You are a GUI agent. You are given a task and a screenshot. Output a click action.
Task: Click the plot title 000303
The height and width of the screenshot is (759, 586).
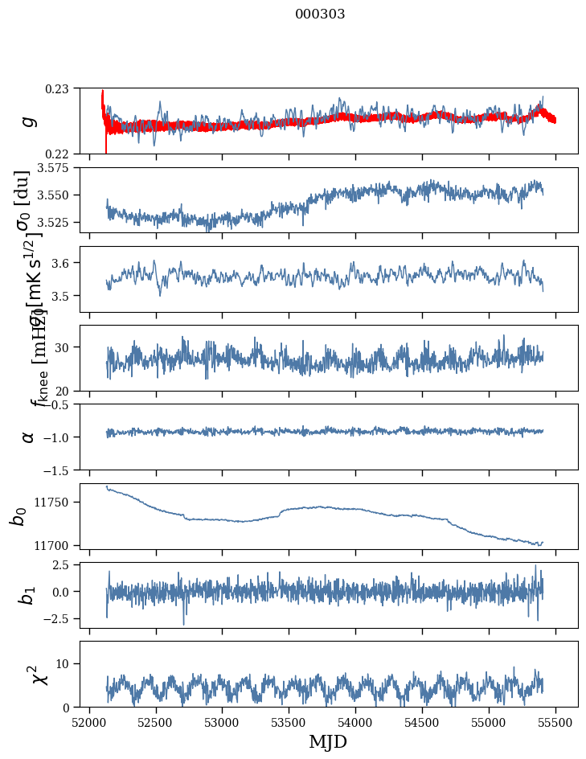click(x=320, y=14)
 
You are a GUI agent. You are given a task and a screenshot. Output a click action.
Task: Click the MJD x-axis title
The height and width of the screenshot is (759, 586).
click(x=329, y=741)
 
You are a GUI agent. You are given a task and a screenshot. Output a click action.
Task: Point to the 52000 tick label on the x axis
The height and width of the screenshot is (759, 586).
click(x=89, y=721)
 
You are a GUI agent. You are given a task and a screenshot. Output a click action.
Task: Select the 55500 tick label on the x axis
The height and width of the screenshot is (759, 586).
click(x=556, y=721)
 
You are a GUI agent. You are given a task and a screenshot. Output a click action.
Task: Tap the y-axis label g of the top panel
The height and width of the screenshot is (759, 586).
click(x=28, y=121)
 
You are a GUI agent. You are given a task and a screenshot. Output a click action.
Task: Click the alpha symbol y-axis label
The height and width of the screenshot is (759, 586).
click(x=28, y=437)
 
